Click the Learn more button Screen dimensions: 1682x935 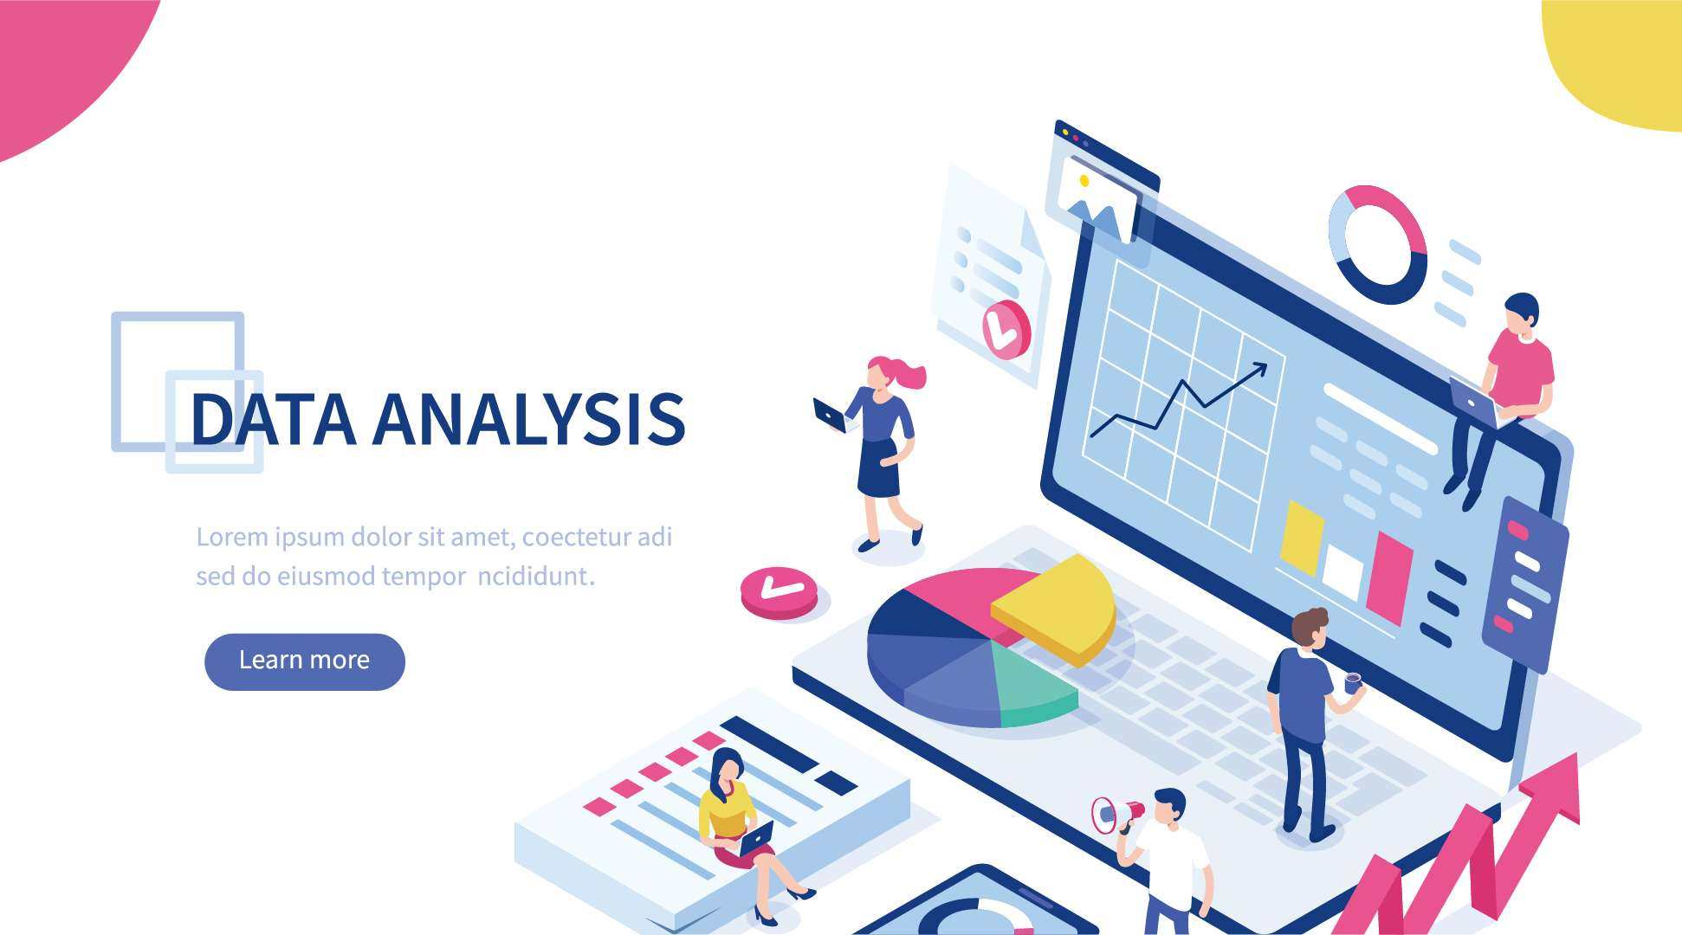305,661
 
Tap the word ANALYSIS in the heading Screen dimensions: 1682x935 529,419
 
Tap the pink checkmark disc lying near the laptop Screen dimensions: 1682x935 779,592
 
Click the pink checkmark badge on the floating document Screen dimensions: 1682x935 1006,330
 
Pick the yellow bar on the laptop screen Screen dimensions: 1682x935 1302,538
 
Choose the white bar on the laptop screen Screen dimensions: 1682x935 1343,571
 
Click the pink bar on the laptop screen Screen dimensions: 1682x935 1389,577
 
